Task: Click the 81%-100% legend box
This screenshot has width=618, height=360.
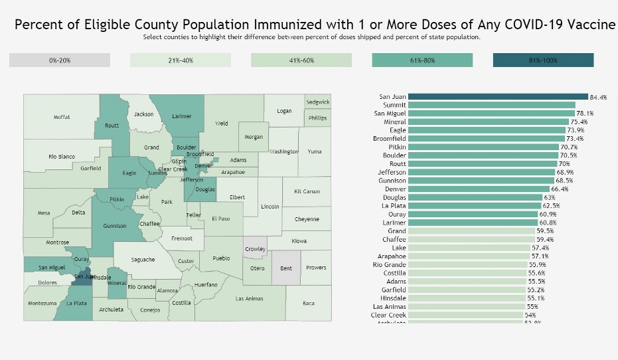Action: click(543, 60)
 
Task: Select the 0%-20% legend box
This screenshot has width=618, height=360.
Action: click(60, 60)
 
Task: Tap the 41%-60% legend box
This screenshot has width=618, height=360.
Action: click(301, 60)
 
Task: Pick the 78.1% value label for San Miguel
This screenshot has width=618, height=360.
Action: click(584, 114)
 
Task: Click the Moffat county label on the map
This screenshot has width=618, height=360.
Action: click(62, 117)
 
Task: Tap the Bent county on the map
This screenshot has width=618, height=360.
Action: click(286, 268)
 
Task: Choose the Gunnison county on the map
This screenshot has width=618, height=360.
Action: click(114, 226)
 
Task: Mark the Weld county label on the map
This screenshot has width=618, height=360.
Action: click(221, 124)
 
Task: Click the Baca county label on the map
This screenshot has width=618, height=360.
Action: click(308, 304)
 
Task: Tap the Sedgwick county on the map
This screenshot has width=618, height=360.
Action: click(317, 102)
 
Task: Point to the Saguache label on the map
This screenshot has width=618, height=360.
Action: click(143, 259)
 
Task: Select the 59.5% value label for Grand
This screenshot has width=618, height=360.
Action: click(545, 231)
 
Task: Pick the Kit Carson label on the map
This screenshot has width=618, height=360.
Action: click(307, 191)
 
